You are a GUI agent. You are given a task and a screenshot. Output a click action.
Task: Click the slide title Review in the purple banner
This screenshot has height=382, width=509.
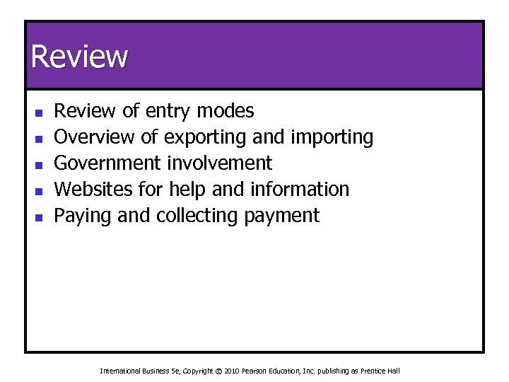(x=79, y=57)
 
